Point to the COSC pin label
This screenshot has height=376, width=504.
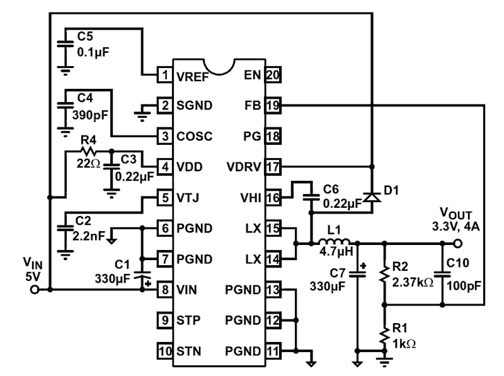tap(193, 136)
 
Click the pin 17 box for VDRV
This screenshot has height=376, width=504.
tap(273, 167)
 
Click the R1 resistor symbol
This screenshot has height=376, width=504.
tap(384, 337)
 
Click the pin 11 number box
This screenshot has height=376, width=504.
tap(273, 351)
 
